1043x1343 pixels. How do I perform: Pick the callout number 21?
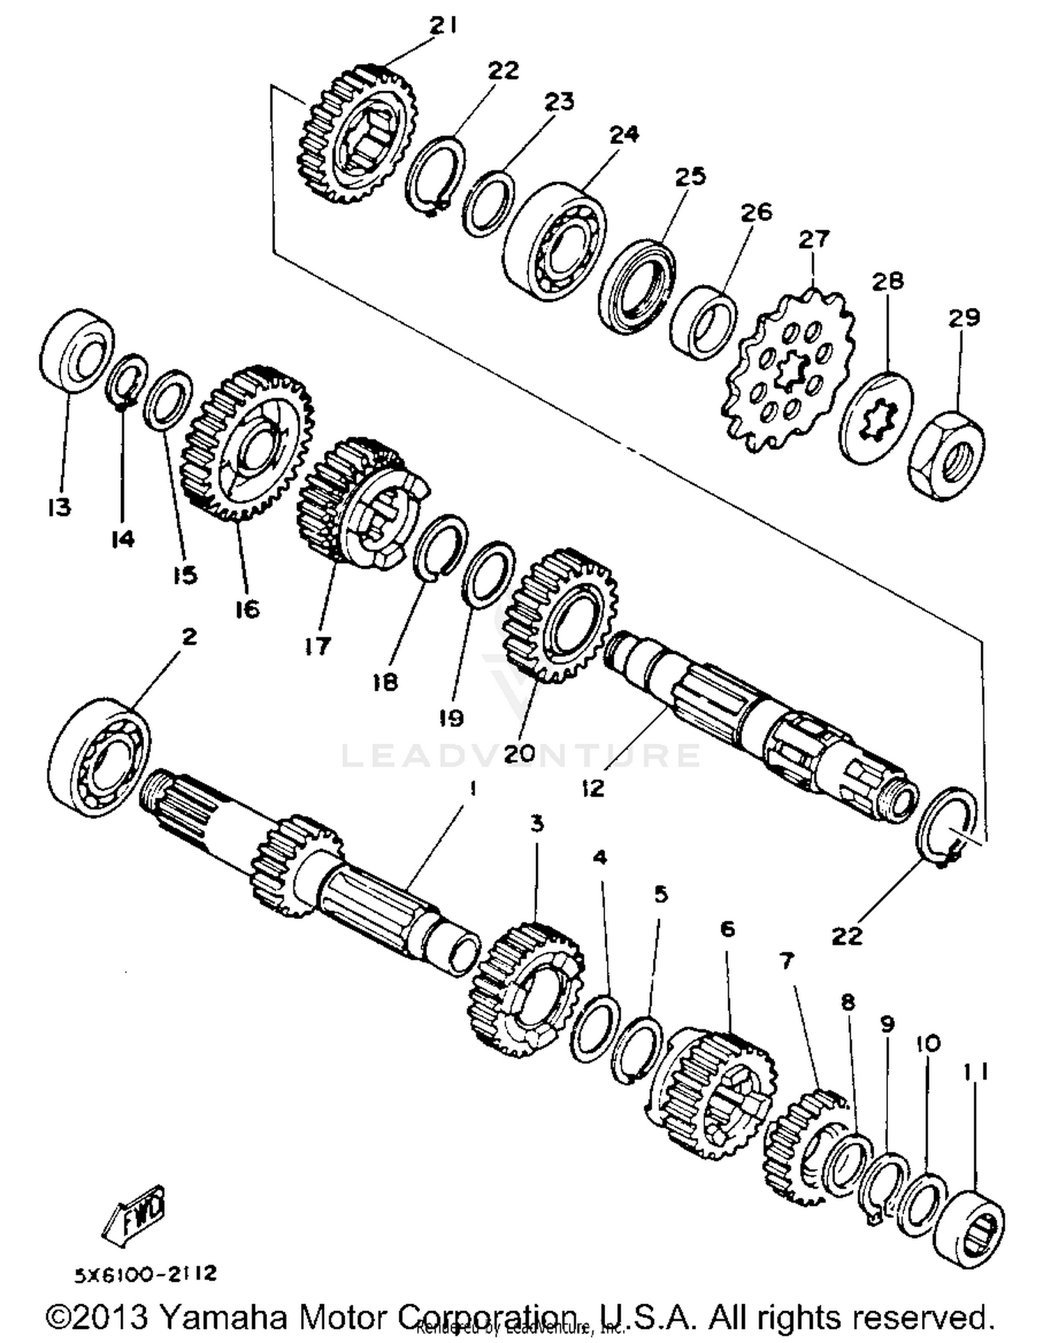tap(442, 26)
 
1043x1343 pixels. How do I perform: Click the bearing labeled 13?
tap(76, 351)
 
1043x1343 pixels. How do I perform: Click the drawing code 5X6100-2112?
tap(146, 1274)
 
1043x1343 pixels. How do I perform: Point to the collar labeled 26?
tap(703, 322)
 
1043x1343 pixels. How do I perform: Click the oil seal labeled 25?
tap(636, 284)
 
